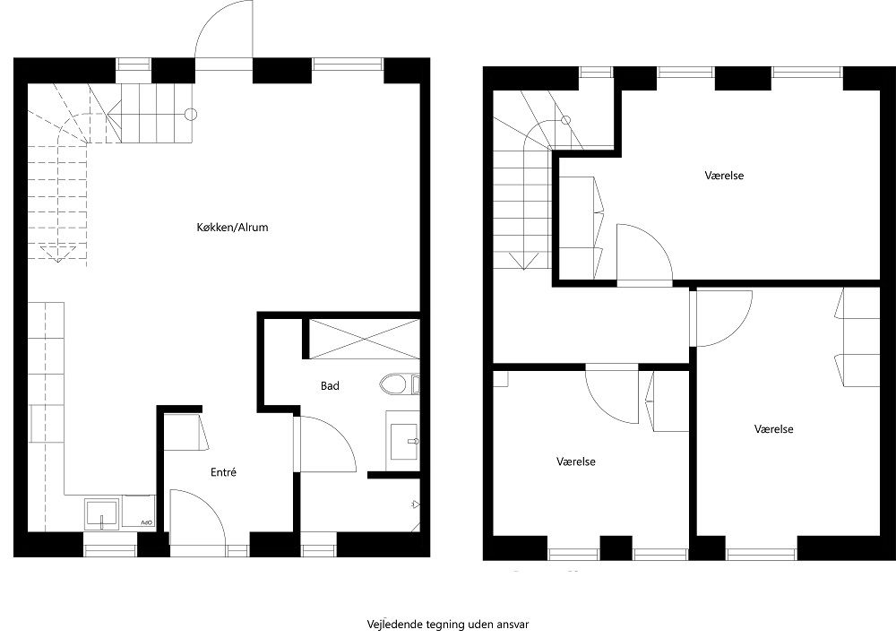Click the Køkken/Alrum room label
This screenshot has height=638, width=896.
[232, 228]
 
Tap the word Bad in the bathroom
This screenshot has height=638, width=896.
[330, 386]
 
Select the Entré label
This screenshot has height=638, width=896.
[223, 472]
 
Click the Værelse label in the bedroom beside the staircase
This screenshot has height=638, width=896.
[724, 176]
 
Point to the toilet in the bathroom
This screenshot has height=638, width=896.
[394, 385]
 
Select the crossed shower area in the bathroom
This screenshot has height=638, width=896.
[363, 338]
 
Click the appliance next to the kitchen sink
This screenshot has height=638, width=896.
[139, 513]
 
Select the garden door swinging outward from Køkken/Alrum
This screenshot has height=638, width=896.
[224, 31]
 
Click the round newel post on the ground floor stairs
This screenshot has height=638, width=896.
[190, 114]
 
